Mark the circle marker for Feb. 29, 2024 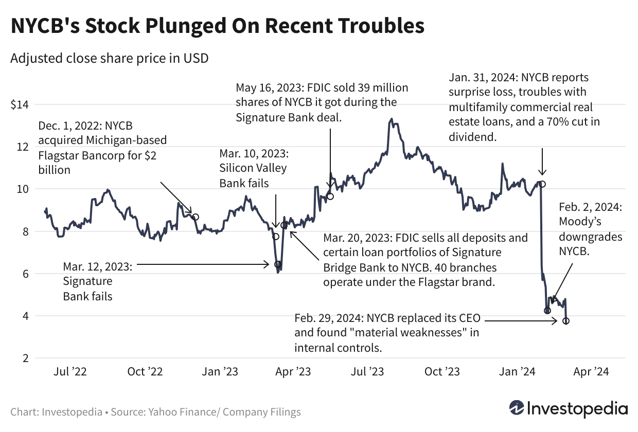click(x=566, y=321)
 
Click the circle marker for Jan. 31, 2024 click(x=542, y=184)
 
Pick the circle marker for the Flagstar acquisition click(x=196, y=217)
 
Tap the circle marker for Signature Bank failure click(x=278, y=264)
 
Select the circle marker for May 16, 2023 click(x=330, y=196)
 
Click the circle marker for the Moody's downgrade click(x=547, y=311)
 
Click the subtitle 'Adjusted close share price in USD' click(x=109, y=58)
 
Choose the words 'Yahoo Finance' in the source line click(x=174, y=412)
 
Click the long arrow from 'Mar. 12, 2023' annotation click(x=203, y=264)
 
